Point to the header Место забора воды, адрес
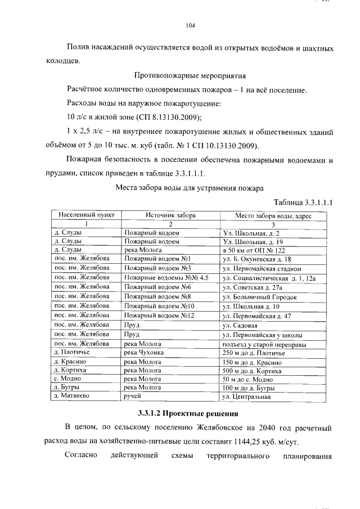273,215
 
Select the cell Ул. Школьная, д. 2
251,232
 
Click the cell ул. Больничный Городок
260,296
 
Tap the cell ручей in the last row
133,397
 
